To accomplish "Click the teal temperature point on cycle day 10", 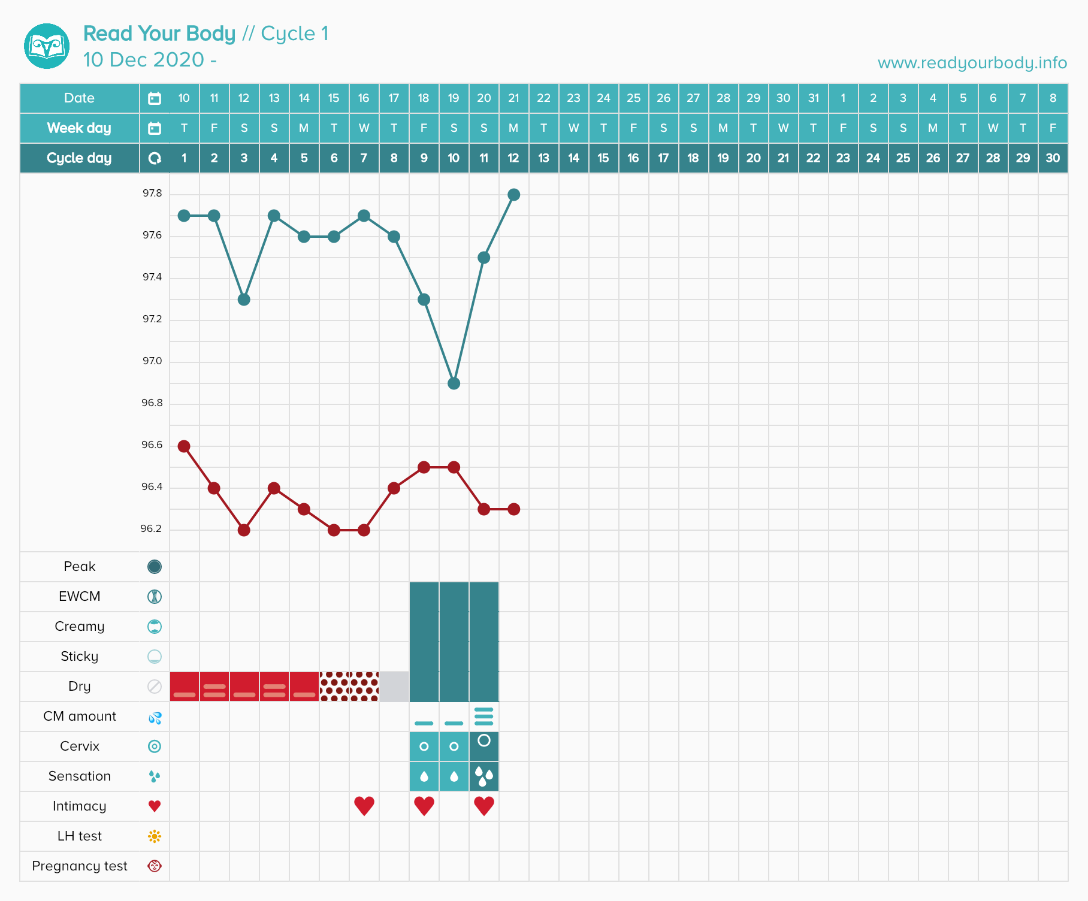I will [454, 383].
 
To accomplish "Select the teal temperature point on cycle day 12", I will [513, 195].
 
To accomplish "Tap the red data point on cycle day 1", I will [184, 446].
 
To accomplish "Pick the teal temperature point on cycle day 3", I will [244, 300].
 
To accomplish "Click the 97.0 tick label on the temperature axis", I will [152, 361].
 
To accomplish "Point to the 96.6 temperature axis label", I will [152, 445].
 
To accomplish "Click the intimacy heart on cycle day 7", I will [364, 806].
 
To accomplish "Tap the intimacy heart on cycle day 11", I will [483, 806].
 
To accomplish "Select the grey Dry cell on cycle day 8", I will [394, 687].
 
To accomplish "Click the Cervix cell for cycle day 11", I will [483, 746].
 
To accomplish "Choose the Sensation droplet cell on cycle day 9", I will [424, 776].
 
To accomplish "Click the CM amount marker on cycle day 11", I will [483, 716].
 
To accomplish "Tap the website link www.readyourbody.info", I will [972, 63].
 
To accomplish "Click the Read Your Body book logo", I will [47, 46].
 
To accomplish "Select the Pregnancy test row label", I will [80, 866].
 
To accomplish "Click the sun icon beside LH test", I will [155, 836].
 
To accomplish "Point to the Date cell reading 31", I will [813, 98].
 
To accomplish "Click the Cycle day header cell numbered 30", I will [1053, 158].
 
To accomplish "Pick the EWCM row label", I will [80, 597].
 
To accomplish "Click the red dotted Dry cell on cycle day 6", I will [334, 687].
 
